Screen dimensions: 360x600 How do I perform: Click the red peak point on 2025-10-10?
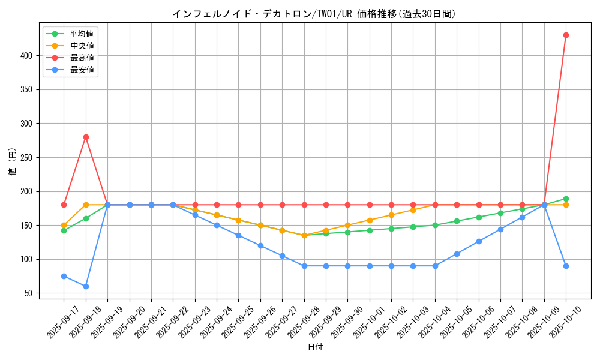[x=566, y=35]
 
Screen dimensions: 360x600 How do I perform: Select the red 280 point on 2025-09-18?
[x=86, y=137]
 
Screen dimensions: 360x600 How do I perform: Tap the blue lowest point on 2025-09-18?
[x=86, y=286]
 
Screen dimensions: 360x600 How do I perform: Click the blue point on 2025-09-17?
[x=64, y=276]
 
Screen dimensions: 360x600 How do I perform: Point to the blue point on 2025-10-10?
[x=566, y=266]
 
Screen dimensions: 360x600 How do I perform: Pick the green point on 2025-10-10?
[x=566, y=199]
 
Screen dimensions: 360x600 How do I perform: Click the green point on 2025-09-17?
[x=64, y=230]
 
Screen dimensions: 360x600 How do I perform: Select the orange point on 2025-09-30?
[x=347, y=225]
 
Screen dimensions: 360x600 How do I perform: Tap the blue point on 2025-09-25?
[x=238, y=235]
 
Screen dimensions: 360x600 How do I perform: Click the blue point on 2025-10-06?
[x=479, y=241]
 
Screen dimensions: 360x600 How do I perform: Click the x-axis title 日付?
[x=315, y=347]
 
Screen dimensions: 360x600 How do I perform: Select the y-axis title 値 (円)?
[x=13, y=162]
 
